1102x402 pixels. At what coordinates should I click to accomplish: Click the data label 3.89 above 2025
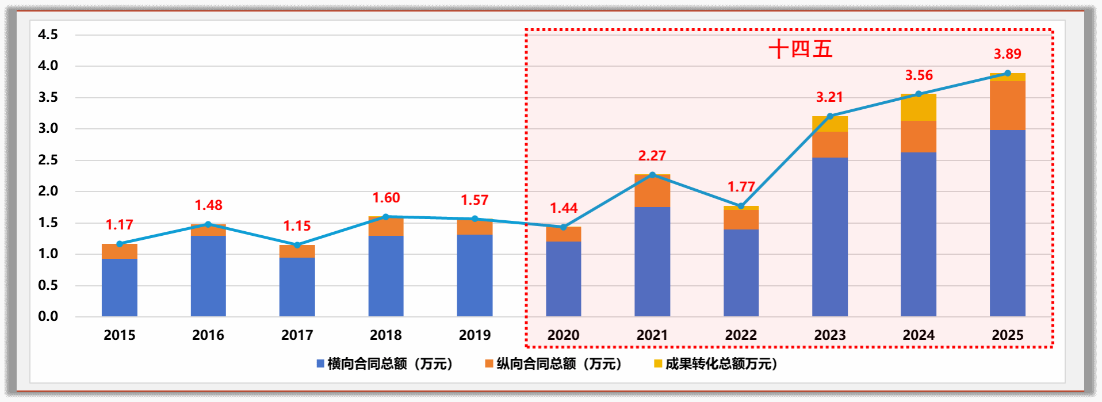[1007, 54]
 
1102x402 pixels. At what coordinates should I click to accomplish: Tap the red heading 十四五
[801, 49]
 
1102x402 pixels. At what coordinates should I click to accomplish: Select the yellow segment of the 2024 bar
[918, 108]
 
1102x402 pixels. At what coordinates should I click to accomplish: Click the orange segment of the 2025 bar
[1007, 105]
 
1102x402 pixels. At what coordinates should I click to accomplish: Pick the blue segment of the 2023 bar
[829, 236]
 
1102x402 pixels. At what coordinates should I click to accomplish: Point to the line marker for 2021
[652, 175]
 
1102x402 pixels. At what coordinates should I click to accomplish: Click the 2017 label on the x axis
[297, 335]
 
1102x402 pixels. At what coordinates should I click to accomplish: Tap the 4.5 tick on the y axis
[48, 35]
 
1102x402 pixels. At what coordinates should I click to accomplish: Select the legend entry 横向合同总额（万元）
[385, 364]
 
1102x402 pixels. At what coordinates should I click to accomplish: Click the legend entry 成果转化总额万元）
[715, 364]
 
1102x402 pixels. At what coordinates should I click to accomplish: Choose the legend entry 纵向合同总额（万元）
[553, 364]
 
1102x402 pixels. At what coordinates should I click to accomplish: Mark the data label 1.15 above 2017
[297, 226]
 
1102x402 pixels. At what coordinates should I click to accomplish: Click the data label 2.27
[652, 156]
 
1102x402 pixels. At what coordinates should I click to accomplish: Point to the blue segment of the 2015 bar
[120, 287]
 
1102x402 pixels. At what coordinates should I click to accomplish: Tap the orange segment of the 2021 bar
[652, 191]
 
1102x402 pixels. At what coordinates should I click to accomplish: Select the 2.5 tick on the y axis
[48, 160]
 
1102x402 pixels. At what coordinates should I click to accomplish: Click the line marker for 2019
[475, 219]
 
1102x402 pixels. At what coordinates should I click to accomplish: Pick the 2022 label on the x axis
[741, 335]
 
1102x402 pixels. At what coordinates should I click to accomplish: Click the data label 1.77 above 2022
[741, 187]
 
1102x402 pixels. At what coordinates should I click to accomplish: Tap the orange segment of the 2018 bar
[386, 227]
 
